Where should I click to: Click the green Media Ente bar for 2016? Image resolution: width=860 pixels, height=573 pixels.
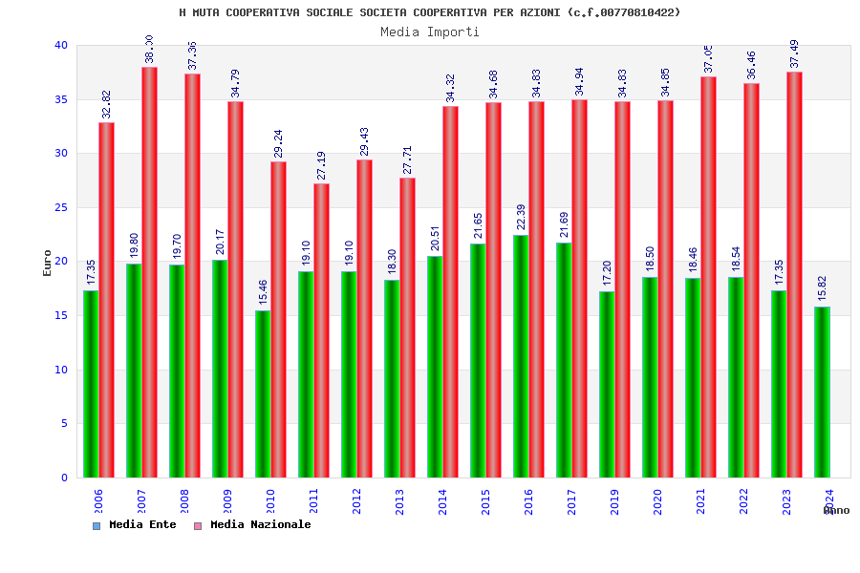coord(521,356)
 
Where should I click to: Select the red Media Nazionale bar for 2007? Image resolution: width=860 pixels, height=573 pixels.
coord(150,272)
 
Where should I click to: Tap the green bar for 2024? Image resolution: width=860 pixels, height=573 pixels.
coord(822,392)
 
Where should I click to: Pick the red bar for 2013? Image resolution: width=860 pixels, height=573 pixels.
coord(408,328)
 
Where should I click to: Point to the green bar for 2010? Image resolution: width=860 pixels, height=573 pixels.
coord(263,393)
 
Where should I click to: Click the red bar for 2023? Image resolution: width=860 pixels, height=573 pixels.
coord(795,275)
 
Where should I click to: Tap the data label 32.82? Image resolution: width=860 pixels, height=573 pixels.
coord(107,105)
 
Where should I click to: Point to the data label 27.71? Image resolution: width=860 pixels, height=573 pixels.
coord(408,160)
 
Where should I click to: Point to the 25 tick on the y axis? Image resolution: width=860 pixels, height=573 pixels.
coord(61,207)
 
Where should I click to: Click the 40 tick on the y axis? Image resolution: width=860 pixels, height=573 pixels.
coord(61,45)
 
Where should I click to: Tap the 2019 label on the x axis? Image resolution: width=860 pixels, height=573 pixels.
coord(615,501)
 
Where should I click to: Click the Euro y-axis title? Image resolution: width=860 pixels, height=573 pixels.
coord(48,263)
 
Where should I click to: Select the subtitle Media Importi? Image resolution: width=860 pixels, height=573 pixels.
coord(430,32)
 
